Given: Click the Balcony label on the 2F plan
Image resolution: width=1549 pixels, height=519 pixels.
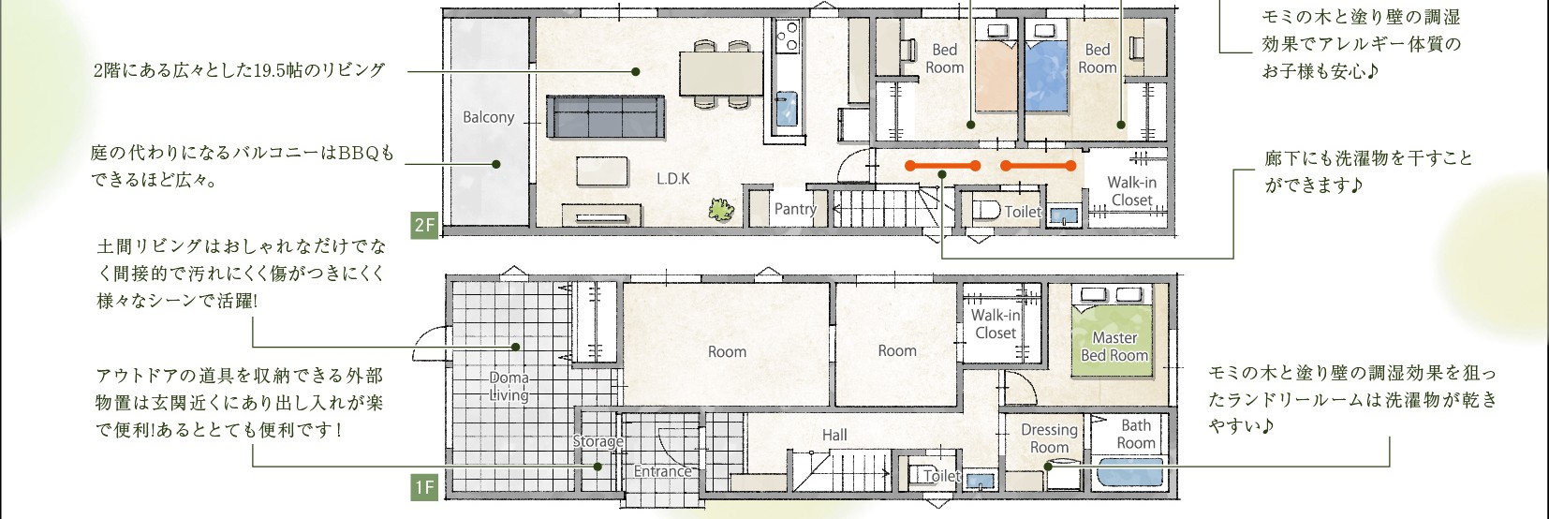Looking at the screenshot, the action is click(488, 117).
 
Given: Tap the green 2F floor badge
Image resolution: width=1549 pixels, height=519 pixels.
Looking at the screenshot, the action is click(424, 225).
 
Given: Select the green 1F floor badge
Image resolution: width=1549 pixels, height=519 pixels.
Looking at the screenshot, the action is click(424, 488).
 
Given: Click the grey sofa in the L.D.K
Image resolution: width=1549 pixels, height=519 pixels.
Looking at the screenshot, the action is click(605, 116).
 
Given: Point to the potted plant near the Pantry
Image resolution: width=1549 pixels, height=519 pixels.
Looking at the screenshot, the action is click(721, 209).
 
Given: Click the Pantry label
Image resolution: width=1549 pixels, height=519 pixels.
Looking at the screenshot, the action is click(795, 208).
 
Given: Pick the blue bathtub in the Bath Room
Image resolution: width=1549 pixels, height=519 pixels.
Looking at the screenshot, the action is click(1130, 471).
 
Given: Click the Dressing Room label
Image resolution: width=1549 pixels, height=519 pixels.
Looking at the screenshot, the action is click(1049, 438).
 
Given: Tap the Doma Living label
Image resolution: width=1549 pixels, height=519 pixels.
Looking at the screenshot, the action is click(509, 386).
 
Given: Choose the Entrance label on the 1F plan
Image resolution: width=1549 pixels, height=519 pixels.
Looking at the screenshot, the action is click(662, 471).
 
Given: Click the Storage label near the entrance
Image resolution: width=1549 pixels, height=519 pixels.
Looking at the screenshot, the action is click(598, 441).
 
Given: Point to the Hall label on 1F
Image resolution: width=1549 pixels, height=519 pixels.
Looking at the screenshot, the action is click(834, 435).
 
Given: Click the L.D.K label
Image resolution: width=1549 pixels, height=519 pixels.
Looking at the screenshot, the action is click(672, 179).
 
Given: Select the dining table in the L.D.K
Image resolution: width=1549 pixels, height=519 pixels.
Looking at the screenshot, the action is click(721, 73).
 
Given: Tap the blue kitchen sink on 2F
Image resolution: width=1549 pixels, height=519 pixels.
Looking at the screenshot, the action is click(787, 109).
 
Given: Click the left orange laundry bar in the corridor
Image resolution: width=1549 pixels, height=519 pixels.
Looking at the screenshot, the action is click(942, 166).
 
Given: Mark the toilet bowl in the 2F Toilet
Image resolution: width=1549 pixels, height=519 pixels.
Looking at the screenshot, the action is click(984, 210).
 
